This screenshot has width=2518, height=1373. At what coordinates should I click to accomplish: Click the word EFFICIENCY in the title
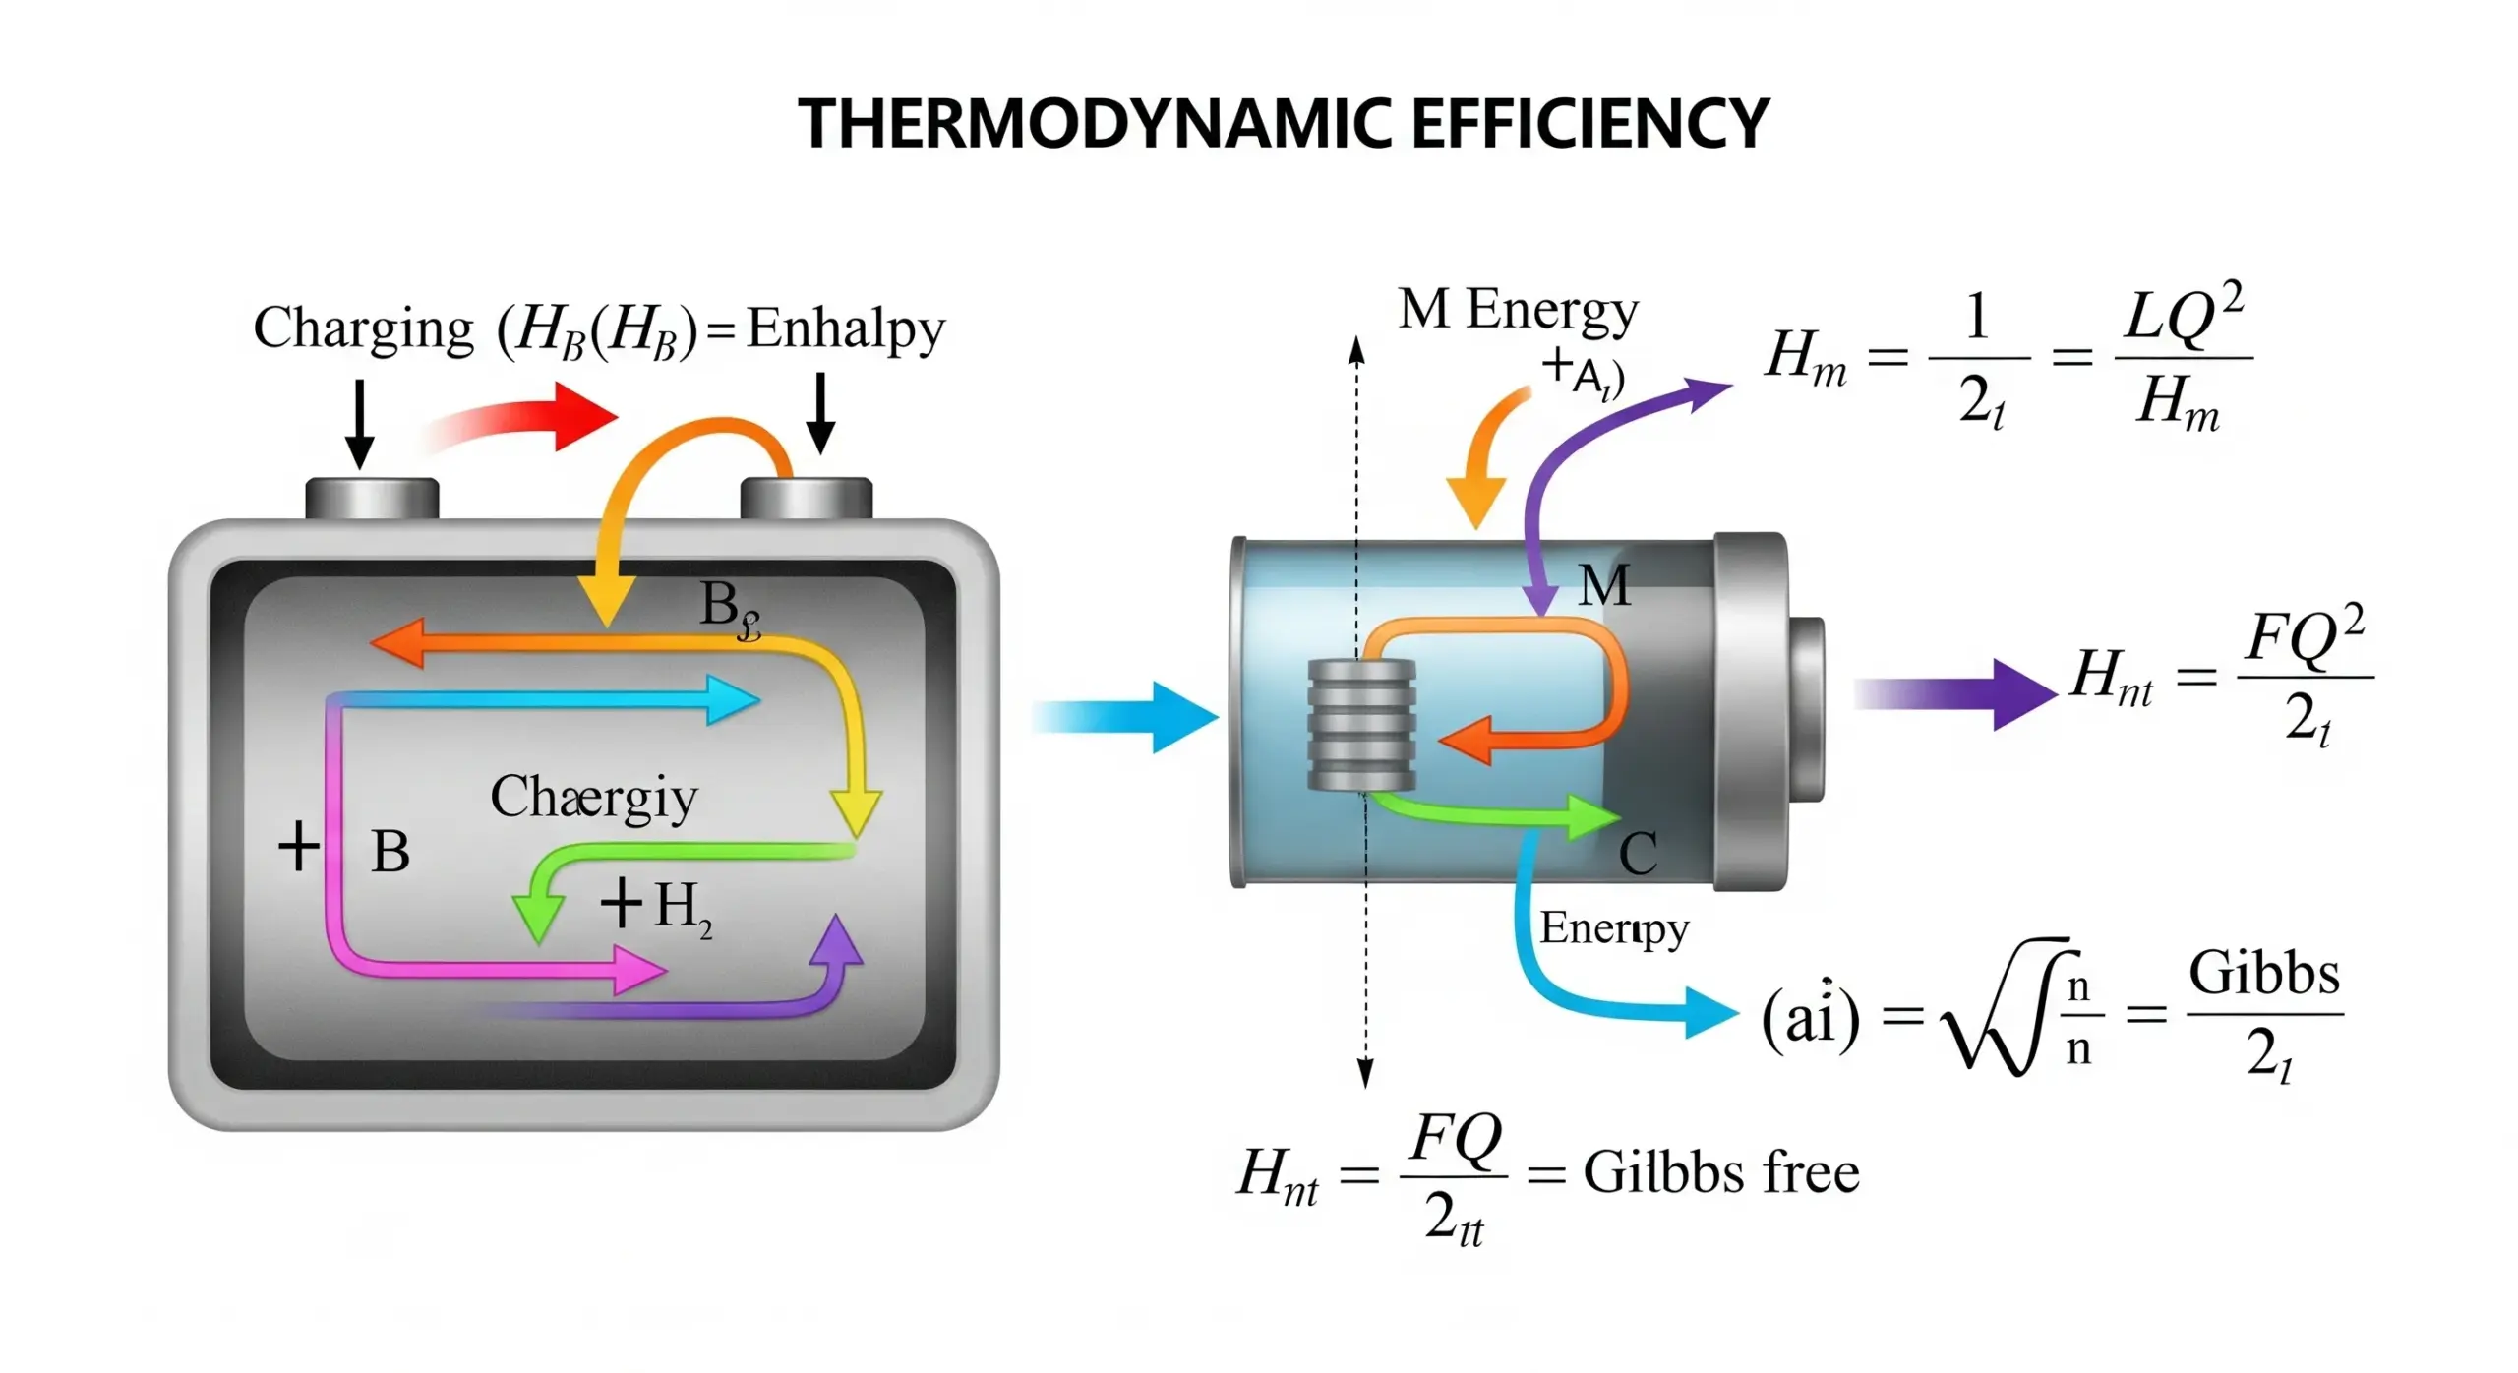click(1589, 125)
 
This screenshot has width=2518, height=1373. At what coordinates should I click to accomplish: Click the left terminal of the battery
click(372, 499)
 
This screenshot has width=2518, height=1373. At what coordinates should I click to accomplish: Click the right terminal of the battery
click(806, 499)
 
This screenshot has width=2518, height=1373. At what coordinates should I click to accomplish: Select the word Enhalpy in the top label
click(845, 329)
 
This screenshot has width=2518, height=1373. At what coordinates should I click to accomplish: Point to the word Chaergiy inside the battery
click(593, 797)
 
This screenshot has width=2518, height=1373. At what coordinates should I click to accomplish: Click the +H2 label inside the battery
click(657, 906)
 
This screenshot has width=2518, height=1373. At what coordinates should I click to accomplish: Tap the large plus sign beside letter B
click(299, 847)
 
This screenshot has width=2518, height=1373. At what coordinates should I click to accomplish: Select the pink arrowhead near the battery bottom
click(637, 970)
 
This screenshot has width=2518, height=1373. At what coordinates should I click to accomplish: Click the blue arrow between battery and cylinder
click(1131, 717)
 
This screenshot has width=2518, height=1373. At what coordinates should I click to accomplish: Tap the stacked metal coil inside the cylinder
click(1361, 725)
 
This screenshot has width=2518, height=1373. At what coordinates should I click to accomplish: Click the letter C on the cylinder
click(1638, 853)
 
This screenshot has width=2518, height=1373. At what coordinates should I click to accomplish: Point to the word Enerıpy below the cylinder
click(1613, 928)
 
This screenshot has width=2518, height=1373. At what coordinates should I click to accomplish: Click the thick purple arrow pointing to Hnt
click(1957, 693)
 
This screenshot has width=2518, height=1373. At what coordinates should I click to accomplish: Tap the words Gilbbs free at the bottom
click(1721, 1172)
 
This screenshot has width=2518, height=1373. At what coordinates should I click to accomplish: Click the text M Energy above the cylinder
click(1518, 310)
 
